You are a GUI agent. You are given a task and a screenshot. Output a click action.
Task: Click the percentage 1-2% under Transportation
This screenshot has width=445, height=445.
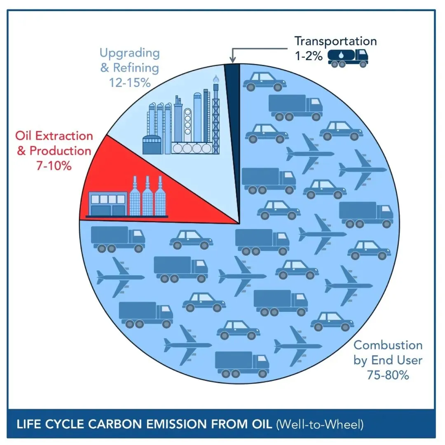[x=309, y=56]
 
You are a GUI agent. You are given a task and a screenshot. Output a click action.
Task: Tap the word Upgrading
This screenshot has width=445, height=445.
[x=129, y=53]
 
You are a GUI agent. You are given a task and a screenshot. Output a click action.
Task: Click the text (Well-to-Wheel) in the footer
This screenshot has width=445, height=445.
[x=319, y=424]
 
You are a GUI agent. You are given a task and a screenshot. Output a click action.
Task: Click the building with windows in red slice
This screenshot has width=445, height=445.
[x=108, y=205]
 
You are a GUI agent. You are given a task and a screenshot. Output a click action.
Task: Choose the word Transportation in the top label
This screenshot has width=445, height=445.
[x=335, y=41]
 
